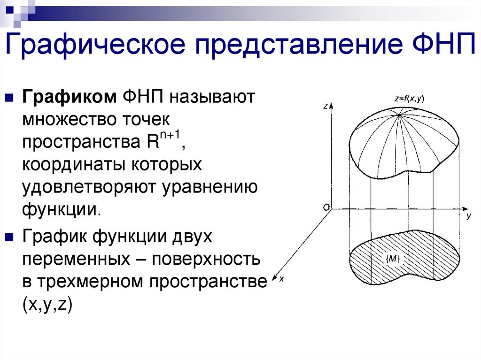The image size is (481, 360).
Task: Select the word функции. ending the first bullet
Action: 61,209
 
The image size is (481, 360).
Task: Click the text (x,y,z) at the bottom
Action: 46,305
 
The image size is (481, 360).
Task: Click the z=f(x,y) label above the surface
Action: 409,99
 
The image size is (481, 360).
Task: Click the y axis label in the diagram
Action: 469,217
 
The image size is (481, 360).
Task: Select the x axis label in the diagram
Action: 281,279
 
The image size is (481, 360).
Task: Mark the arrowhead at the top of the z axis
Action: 332,105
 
